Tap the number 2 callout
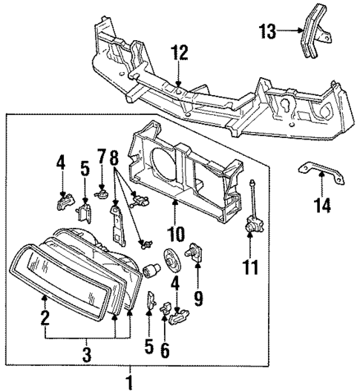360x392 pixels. click(x=45, y=320)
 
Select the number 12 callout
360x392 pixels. click(x=179, y=53)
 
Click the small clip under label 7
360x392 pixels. click(x=99, y=195)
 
